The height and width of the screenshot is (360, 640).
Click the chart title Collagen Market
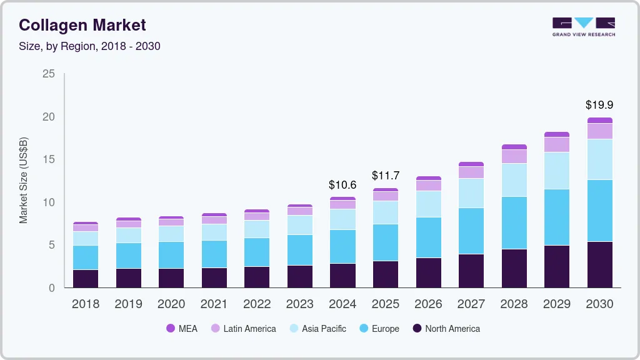pyautogui.click(x=82, y=25)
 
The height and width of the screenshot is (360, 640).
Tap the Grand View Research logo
pyautogui.click(x=583, y=26)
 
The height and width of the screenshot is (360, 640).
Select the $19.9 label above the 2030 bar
pyautogui.click(x=599, y=105)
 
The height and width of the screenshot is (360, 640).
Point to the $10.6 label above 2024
pyautogui.click(x=342, y=185)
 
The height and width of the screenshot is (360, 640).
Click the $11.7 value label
pyautogui.click(x=386, y=176)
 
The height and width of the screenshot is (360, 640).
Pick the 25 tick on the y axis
pyautogui.click(x=48, y=74)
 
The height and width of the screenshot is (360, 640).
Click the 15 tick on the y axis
pyautogui.click(x=48, y=160)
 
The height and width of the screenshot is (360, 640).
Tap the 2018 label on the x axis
pyautogui.click(x=85, y=304)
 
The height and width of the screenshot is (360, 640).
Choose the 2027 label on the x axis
pyautogui.click(x=471, y=304)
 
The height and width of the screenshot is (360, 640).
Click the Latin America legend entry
pyautogui.click(x=243, y=329)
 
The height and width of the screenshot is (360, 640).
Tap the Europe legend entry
pyautogui.click(x=379, y=329)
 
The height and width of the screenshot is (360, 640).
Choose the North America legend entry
pyautogui.click(x=446, y=329)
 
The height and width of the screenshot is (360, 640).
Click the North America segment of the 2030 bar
pyautogui.click(x=600, y=264)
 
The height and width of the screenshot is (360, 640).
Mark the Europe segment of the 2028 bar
pyautogui.click(x=514, y=222)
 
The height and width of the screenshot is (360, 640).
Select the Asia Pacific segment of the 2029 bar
pyautogui.click(x=557, y=171)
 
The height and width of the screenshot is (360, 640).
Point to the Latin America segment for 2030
pyautogui.click(x=600, y=131)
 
